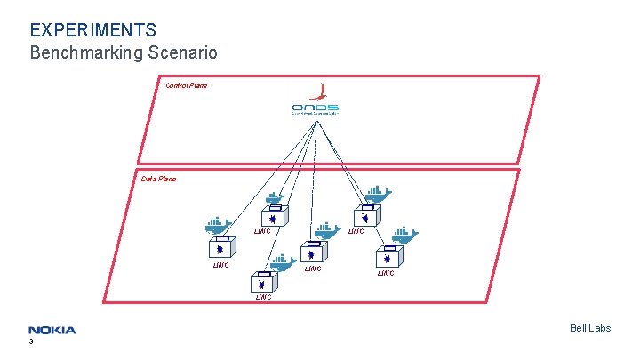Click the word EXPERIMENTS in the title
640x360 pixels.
point(93,31)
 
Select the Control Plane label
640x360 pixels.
point(186,85)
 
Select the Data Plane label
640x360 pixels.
point(158,179)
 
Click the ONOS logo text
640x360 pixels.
point(315,108)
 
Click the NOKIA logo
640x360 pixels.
point(52,330)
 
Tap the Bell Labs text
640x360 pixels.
point(590,329)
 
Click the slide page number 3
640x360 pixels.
point(31,341)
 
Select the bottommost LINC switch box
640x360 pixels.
point(264,284)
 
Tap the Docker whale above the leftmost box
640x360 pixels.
point(219,225)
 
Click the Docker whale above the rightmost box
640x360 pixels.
point(404,235)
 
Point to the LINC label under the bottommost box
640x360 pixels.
point(264,297)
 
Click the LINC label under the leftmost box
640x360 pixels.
point(220,265)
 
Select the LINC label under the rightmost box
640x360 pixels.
point(386,273)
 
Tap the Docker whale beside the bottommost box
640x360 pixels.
point(283,261)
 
